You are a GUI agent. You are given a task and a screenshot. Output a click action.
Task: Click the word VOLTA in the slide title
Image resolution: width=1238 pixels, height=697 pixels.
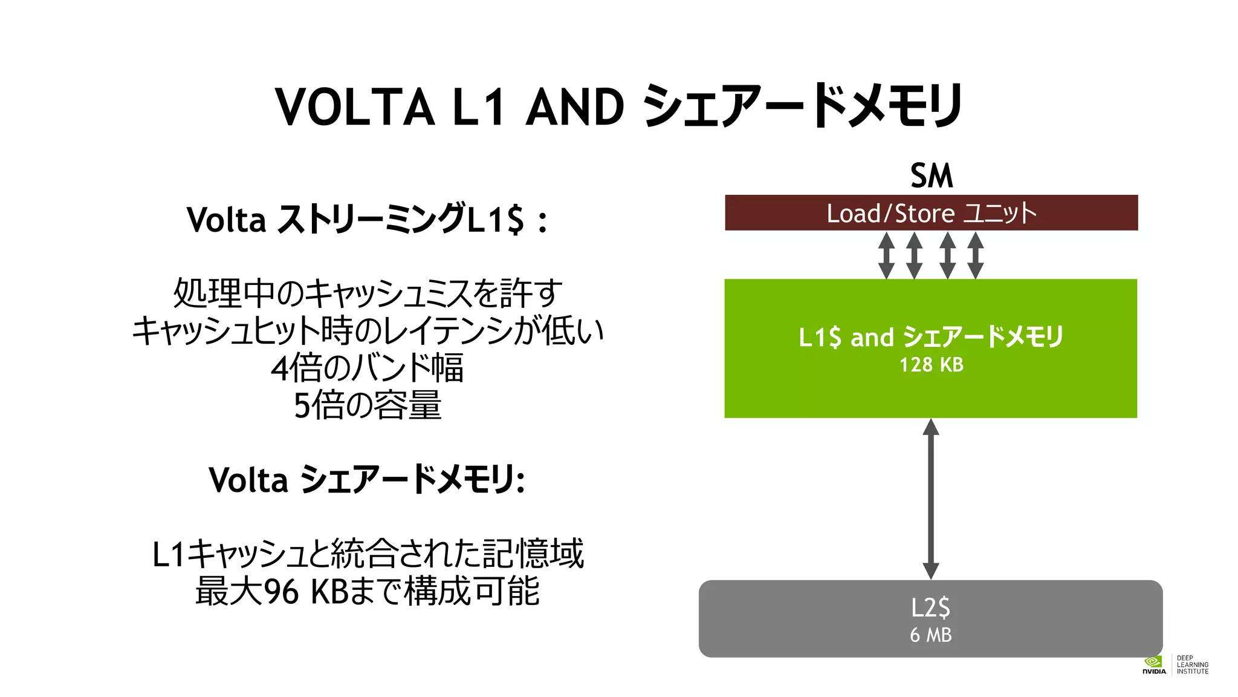coord(355,107)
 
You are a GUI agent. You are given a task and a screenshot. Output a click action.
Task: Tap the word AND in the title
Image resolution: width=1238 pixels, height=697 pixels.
coord(574,107)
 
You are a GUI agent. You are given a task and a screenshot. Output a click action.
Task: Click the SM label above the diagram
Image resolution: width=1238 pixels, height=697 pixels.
coord(931,176)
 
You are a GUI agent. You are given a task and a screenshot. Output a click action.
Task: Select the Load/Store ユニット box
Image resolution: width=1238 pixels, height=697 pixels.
coord(931,213)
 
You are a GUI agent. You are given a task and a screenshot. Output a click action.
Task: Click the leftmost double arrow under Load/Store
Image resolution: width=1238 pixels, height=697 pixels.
coord(886,255)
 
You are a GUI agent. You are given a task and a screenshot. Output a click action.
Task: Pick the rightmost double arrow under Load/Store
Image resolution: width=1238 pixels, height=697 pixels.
coord(976,255)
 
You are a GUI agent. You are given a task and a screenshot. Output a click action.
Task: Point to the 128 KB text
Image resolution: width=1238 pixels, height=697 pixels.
coord(931,365)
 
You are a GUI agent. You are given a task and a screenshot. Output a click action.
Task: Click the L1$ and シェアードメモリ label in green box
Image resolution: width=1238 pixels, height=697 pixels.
coord(931,337)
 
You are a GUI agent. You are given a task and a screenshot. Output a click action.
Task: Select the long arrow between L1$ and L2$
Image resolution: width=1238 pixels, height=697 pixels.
coord(931,499)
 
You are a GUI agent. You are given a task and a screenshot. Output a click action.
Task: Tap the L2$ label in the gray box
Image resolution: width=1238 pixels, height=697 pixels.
coord(931,607)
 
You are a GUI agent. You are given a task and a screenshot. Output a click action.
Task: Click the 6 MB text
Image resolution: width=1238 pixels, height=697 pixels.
coord(931,635)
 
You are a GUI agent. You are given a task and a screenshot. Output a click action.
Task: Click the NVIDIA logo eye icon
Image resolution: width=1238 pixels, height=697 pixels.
coord(1153,662)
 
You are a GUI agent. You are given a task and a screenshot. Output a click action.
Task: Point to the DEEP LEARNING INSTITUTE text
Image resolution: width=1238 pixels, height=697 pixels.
coord(1192,664)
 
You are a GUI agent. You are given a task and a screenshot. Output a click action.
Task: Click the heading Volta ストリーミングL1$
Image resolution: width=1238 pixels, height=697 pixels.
coord(366,219)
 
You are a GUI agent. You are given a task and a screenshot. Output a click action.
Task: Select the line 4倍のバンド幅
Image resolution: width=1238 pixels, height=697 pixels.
coord(367,368)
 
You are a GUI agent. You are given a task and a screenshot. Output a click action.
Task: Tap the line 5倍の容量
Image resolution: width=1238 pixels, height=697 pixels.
coord(367,405)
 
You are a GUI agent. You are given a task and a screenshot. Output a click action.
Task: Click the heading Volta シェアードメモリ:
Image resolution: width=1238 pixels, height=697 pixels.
coord(366,480)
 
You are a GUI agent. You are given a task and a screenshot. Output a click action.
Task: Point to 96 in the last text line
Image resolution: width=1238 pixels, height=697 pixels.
coord(282,592)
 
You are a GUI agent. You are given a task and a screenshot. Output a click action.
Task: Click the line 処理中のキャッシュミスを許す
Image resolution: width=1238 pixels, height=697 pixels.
coord(367,293)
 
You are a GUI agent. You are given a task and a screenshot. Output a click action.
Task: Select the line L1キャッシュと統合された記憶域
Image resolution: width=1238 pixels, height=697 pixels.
coord(367,554)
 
